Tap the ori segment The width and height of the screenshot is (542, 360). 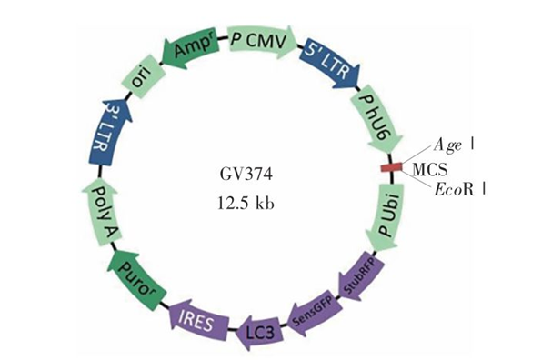144,79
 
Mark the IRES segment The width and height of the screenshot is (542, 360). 199,322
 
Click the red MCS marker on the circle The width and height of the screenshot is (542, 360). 391,167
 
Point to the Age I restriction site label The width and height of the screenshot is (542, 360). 453,145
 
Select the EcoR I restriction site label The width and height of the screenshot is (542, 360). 460,190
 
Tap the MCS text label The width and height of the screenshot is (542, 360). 430,170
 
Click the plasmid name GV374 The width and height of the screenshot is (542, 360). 246,175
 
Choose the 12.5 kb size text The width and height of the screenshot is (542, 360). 246,203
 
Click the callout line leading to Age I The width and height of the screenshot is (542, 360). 417,155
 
